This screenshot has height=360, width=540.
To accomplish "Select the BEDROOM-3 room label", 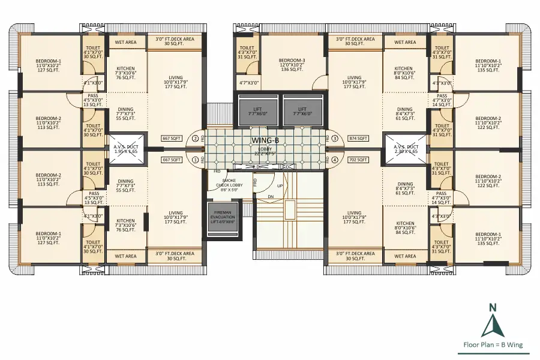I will [292, 61].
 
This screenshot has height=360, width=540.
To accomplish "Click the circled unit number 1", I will [195, 160].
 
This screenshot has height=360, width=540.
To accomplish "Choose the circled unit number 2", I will [195, 139].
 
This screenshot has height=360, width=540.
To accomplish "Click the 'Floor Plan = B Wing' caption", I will [493, 345].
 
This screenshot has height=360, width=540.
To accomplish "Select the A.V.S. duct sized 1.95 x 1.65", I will [126, 148].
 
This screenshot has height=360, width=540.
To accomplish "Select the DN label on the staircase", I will [270, 196].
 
